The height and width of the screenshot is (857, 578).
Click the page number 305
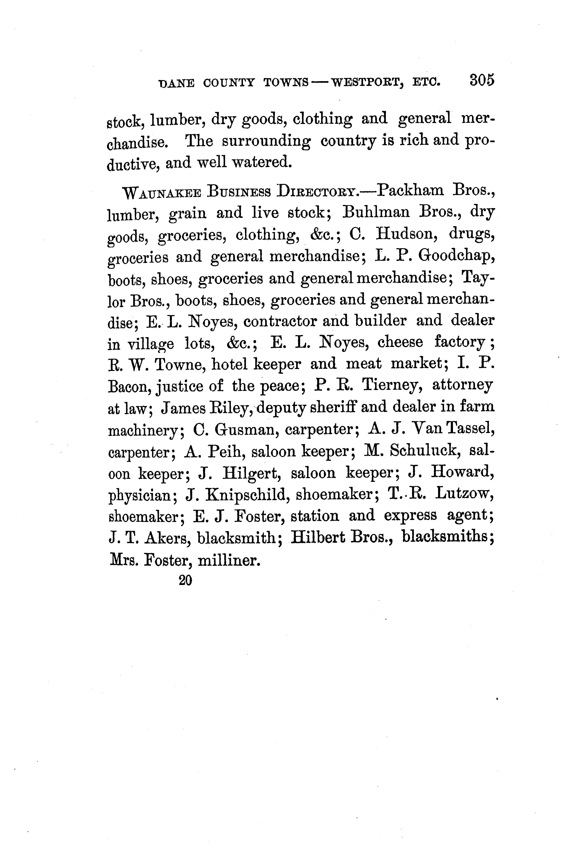pos(481,80)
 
